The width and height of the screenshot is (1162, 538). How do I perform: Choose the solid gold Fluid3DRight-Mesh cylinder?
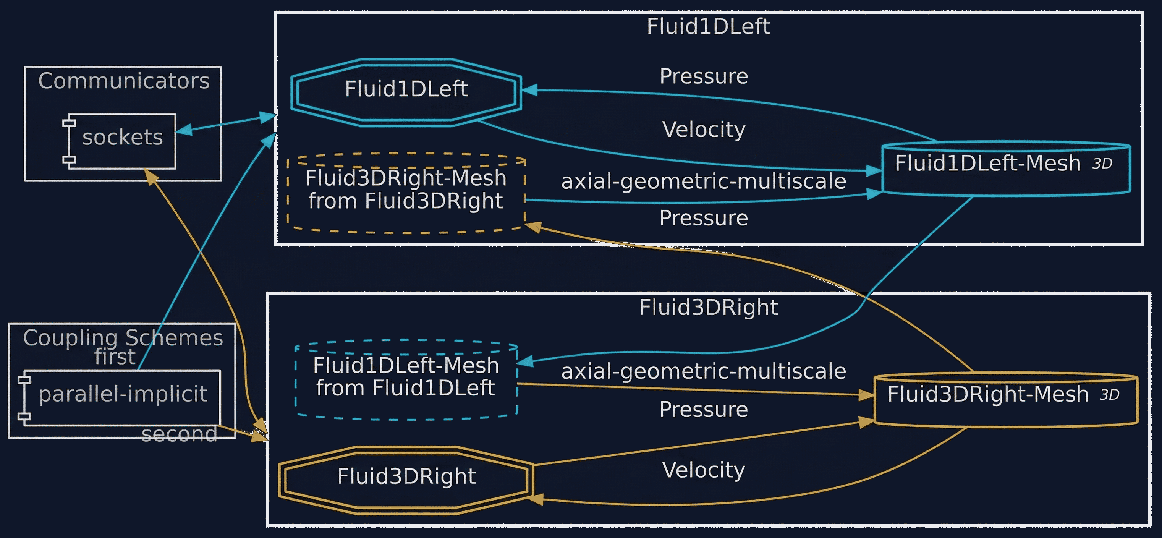(x=1006, y=399)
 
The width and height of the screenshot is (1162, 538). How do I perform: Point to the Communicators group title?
(x=124, y=81)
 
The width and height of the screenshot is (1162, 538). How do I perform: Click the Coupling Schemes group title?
(x=123, y=338)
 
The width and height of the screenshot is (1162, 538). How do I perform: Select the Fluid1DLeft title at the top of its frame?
(x=708, y=26)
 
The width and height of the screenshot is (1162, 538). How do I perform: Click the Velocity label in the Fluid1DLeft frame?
(x=704, y=130)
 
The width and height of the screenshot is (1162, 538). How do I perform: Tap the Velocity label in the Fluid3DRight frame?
(x=704, y=470)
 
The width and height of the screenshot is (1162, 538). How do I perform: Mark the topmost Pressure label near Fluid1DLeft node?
(x=704, y=76)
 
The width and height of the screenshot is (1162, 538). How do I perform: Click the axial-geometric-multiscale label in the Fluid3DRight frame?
(x=704, y=371)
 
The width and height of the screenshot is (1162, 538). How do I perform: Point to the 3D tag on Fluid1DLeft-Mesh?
(x=1102, y=164)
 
